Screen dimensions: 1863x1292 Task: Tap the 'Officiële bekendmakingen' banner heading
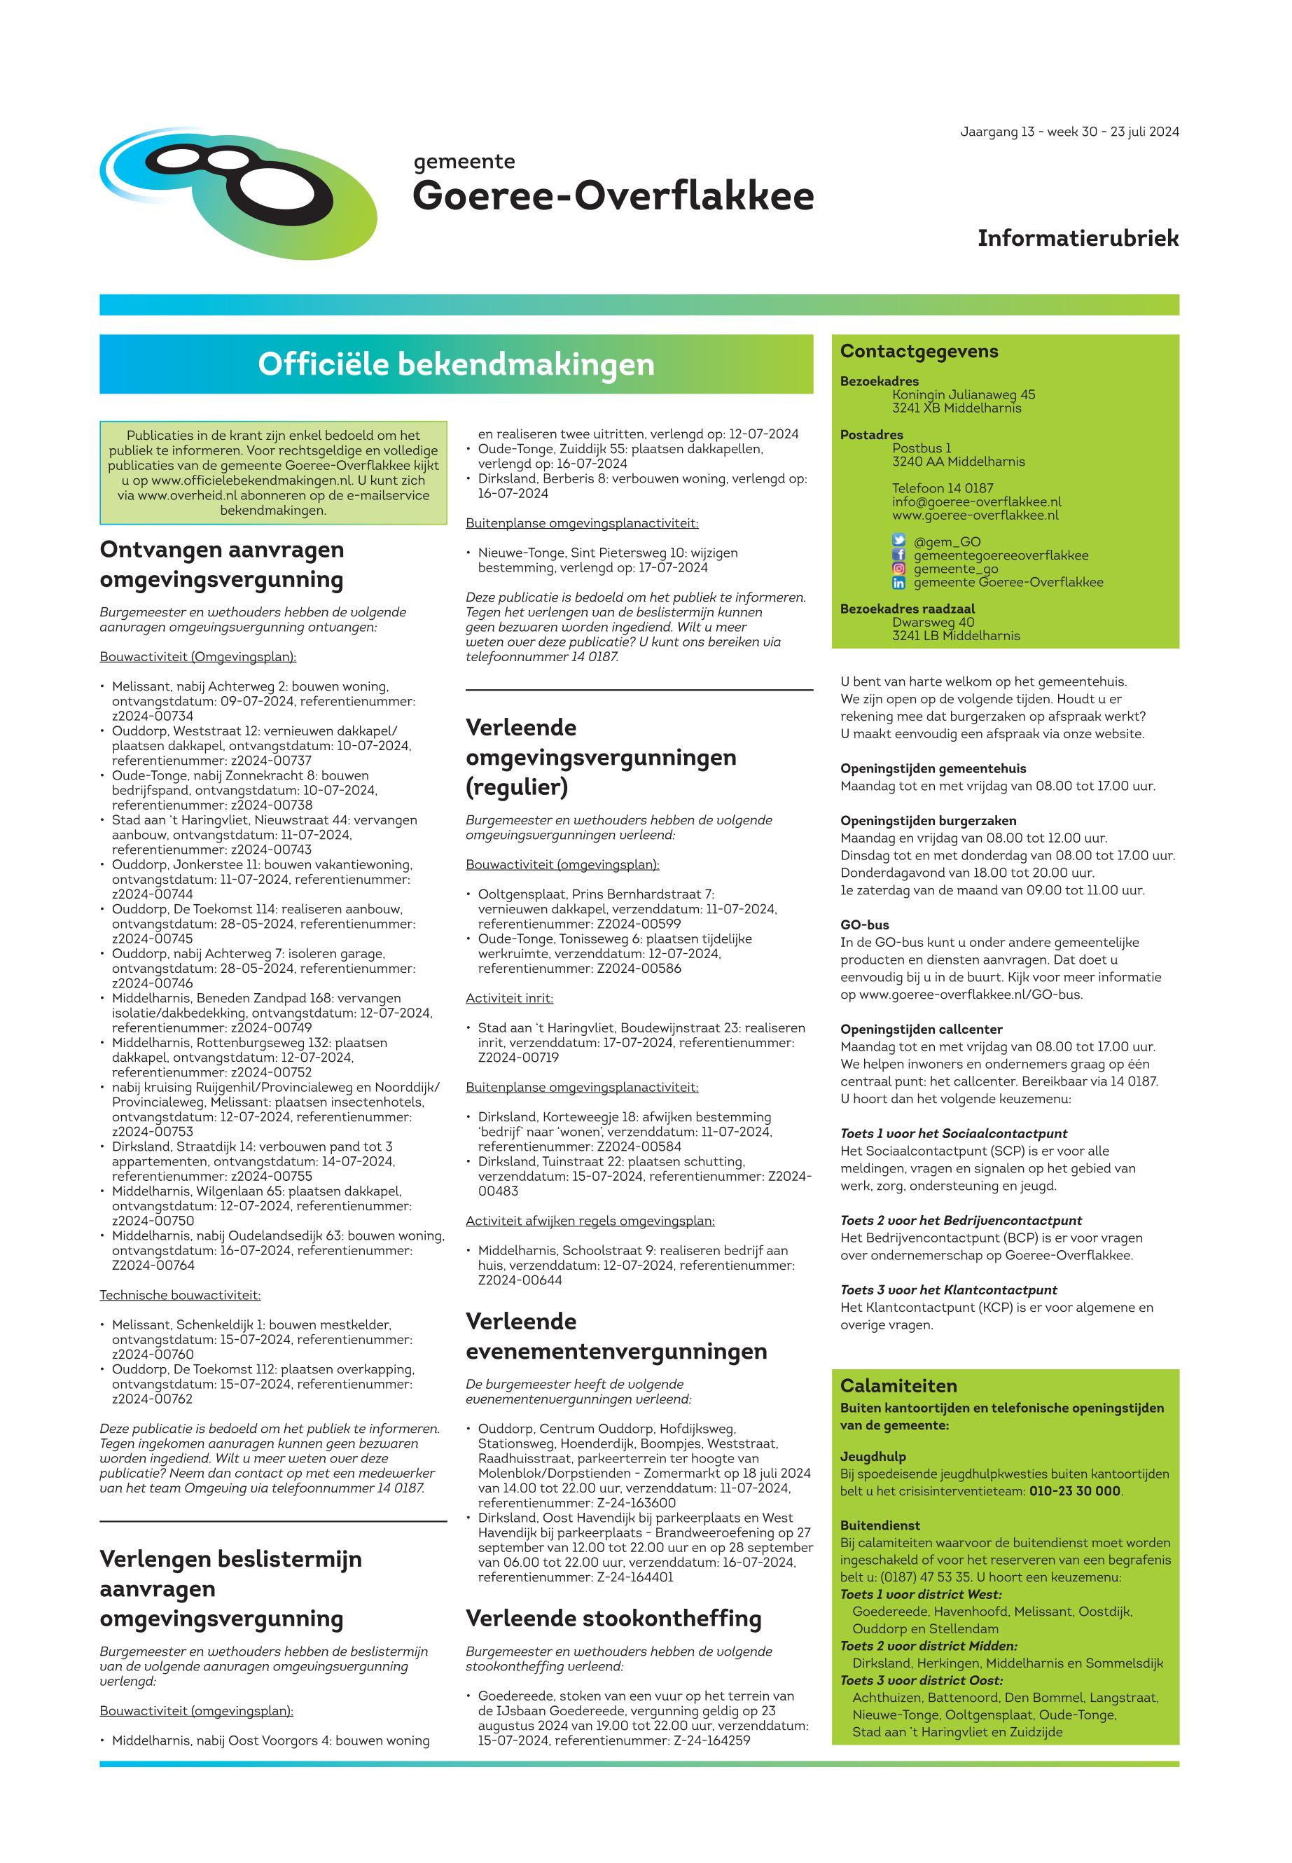(x=456, y=364)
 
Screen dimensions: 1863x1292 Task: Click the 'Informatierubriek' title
(x=1078, y=238)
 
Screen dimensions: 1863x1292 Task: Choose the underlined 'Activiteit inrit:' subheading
(x=509, y=998)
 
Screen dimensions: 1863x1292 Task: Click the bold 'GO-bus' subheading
(x=865, y=924)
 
